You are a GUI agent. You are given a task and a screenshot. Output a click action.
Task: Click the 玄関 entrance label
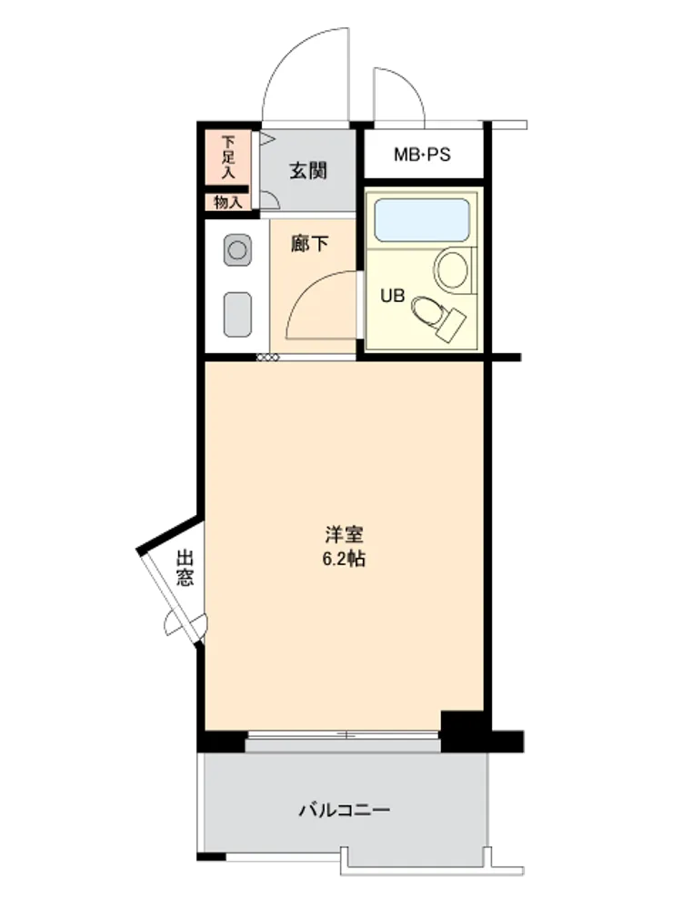pyautogui.click(x=308, y=171)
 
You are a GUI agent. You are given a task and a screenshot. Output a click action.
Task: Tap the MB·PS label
pyautogui.click(x=422, y=155)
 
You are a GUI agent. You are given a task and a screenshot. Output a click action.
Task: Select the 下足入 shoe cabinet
pyautogui.click(x=228, y=157)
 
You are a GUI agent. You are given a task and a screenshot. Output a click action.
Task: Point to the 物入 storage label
pyautogui.click(x=227, y=203)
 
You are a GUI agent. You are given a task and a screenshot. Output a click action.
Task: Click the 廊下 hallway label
pyautogui.click(x=309, y=243)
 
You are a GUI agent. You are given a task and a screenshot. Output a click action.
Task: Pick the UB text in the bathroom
pyautogui.click(x=392, y=296)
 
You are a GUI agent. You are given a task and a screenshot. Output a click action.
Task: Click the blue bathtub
pyautogui.click(x=422, y=220)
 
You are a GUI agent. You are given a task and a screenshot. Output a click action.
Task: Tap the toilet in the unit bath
pyautogui.click(x=438, y=317)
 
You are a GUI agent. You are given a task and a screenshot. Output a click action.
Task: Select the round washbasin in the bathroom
pyautogui.click(x=452, y=269)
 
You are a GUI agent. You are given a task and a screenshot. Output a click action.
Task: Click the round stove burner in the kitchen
pyautogui.click(x=237, y=251)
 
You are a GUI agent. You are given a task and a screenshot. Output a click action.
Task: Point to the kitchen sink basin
pyautogui.click(x=237, y=314)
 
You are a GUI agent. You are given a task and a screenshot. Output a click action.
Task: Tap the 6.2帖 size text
pyautogui.click(x=344, y=559)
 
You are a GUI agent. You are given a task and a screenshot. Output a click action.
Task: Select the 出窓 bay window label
pyautogui.click(x=185, y=568)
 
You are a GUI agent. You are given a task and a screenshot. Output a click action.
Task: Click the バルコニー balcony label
pyautogui.click(x=345, y=810)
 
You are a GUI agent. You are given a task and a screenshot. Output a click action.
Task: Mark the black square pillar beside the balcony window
pyautogui.click(x=462, y=732)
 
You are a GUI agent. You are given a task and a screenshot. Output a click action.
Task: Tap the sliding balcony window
pyautogui.click(x=344, y=734)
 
